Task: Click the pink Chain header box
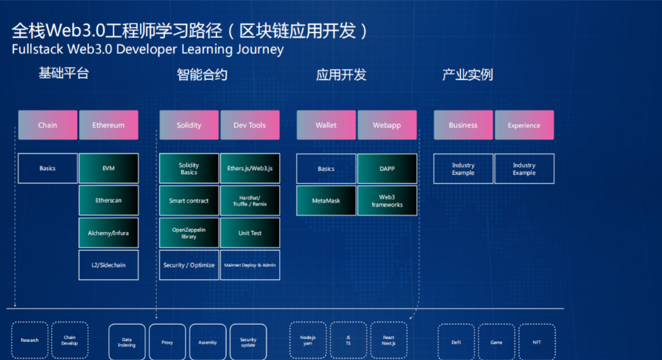tap(47, 125)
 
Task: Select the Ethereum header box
tap(108, 125)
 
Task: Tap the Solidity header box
tap(188, 125)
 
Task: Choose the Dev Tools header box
tap(250, 125)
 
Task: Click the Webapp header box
tap(387, 125)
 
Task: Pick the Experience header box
tap(524, 125)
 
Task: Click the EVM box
tap(108, 169)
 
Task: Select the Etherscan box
tap(108, 201)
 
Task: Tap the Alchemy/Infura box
tap(108, 233)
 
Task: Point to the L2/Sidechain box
tap(108, 265)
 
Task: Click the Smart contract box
tap(188, 201)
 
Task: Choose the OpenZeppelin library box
tap(188, 233)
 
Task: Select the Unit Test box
tap(250, 233)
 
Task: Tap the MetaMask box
tap(325, 201)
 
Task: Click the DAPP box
tap(387, 169)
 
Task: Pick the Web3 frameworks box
tap(387, 201)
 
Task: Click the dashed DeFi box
tap(456, 341)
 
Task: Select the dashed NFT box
tap(537, 341)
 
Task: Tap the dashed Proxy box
tap(167, 341)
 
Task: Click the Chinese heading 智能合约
tap(202, 75)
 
